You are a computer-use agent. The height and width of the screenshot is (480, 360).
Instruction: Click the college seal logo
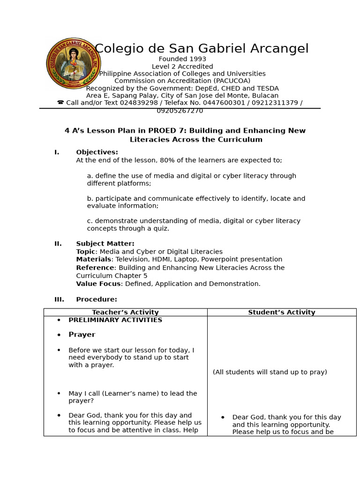point(74,63)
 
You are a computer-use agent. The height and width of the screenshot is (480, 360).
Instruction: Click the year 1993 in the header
point(197,59)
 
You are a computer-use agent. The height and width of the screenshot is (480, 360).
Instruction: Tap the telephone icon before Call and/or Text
point(60,103)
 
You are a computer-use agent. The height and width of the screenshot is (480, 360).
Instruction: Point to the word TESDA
point(268,88)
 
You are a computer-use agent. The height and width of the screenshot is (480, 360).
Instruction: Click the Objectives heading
point(97,152)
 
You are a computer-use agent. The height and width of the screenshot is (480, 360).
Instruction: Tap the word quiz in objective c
point(159,229)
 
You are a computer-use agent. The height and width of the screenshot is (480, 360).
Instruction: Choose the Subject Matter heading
point(105,244)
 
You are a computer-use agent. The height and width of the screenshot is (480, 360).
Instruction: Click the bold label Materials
point(94,259)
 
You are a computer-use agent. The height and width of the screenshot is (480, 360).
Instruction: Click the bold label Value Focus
point(98,284)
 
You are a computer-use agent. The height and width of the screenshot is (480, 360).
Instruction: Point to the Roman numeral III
point(59,300)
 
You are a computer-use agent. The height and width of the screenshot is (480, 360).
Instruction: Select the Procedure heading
point(97,300)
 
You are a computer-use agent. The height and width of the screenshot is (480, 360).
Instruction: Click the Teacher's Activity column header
point(125,312)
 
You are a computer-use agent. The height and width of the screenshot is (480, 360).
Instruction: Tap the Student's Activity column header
point(281,312)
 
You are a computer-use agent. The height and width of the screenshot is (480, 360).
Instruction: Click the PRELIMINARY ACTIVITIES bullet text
point(115,320)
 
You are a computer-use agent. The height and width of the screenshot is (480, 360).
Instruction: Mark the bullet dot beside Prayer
point(59,335)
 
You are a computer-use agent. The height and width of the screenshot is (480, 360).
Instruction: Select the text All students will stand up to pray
point(270,372)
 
